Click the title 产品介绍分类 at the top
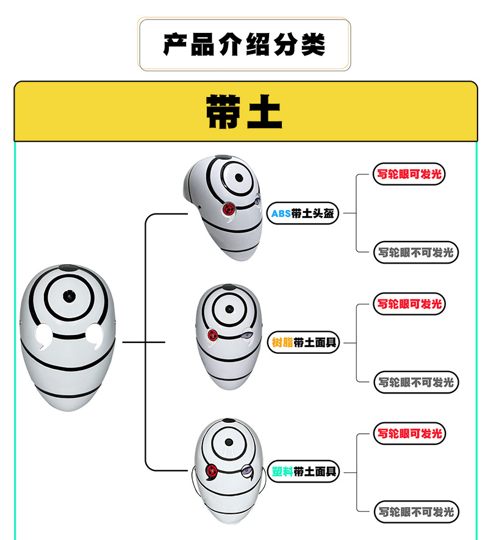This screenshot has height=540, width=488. click(244, 45)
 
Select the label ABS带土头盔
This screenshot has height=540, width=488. click(303, 214)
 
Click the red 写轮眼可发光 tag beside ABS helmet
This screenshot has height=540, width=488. click(408, 175)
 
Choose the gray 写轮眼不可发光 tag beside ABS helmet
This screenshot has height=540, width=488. click(415, 252)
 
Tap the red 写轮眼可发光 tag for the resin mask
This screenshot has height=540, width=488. click(408, 304)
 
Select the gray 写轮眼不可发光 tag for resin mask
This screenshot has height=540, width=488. click(415, 382)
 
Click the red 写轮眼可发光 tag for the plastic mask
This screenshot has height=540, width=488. click(408, 434)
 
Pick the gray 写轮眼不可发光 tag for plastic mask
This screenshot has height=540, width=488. click(415, 512)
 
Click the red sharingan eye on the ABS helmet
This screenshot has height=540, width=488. click(229, 209)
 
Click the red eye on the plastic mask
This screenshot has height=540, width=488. click(212, 470)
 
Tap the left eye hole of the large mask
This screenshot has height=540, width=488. click(42, 334)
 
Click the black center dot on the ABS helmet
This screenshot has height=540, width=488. click(239, 178)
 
